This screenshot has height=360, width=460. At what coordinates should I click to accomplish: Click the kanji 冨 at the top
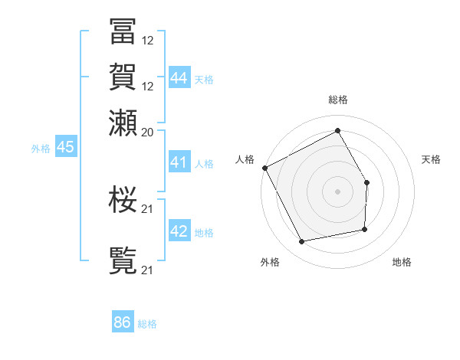(123, 31)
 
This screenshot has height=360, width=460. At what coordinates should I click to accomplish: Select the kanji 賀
(123, 77)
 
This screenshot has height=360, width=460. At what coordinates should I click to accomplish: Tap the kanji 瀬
(123, 123)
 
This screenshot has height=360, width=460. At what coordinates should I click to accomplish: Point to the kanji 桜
(123, 200)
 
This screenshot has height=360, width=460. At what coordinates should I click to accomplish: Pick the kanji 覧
(123, 261)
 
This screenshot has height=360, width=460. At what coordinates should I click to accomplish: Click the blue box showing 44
(179, 77)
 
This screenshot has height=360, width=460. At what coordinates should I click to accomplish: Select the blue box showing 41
(179, 162)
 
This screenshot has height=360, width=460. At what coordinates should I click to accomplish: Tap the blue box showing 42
(179, 231)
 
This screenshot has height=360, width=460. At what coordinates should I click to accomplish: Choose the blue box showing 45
(65, 147)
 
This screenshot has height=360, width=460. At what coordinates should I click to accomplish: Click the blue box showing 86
(123, 322)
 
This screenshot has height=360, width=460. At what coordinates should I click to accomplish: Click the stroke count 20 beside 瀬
(148, 132)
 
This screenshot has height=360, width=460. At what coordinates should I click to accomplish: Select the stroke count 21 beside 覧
(148, 270)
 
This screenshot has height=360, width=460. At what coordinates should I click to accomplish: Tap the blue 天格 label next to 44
(204, 80)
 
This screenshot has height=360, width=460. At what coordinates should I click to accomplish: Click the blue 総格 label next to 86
(147, 325)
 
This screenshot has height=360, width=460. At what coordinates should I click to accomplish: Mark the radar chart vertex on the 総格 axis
(337, 130)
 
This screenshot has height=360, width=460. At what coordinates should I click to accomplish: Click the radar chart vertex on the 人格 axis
(264, 168)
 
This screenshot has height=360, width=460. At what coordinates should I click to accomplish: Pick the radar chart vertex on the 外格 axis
(302, 242)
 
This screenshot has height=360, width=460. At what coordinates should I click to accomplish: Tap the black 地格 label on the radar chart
(402, 263)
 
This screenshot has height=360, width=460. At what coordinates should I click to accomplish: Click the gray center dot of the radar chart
(337, 191)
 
